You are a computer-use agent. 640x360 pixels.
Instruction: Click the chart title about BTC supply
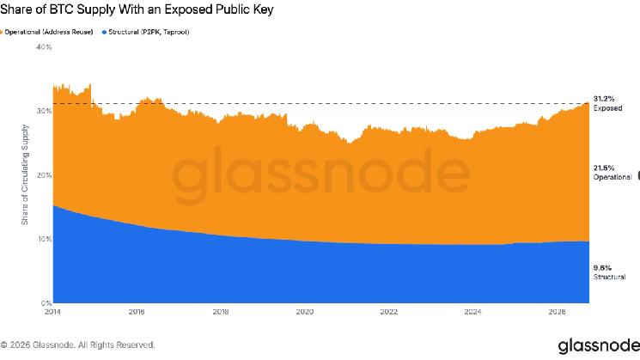[x=137, y=9]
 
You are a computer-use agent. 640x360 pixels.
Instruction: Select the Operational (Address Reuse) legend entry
[x=46, y=32]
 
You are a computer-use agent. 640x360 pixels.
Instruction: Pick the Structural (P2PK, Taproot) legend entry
[x=146, y=32]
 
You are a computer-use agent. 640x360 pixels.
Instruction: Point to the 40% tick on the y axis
[x=44, y=47]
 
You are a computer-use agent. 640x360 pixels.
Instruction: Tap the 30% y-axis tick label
[x=44, y=111]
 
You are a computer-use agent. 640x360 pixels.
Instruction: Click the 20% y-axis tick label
[x=44, y=175]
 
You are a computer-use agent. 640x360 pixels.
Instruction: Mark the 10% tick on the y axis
[x=45, y=239]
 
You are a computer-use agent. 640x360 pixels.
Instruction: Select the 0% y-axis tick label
[x=46, y=303]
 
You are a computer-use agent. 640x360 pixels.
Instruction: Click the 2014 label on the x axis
[x=52, y=312]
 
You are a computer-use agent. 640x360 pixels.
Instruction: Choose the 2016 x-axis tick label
[x=137, y=312]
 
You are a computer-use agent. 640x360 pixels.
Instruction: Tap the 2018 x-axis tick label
[x=221, y=312]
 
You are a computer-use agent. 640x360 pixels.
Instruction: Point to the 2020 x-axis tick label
[x=305, y=312]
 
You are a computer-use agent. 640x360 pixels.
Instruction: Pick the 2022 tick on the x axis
[x=389, y=312]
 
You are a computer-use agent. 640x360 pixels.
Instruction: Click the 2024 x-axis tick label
[x=472, y=312]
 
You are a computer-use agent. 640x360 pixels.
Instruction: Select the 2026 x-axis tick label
[x=557, y=312]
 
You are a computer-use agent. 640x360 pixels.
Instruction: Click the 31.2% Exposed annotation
[x=607, y=103]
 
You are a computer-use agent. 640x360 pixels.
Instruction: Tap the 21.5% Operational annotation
[x=613, y=172]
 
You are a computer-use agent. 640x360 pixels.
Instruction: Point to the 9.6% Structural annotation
[x=609, y=272]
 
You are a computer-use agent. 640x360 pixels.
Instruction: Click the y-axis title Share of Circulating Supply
[x=25, y=174]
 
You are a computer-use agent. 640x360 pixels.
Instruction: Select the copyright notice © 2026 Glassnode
[x=77, y=345]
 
